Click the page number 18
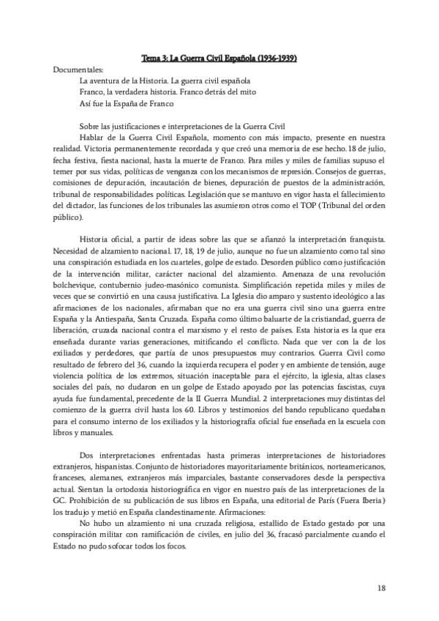coord(381,587)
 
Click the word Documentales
coord(78,68)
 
